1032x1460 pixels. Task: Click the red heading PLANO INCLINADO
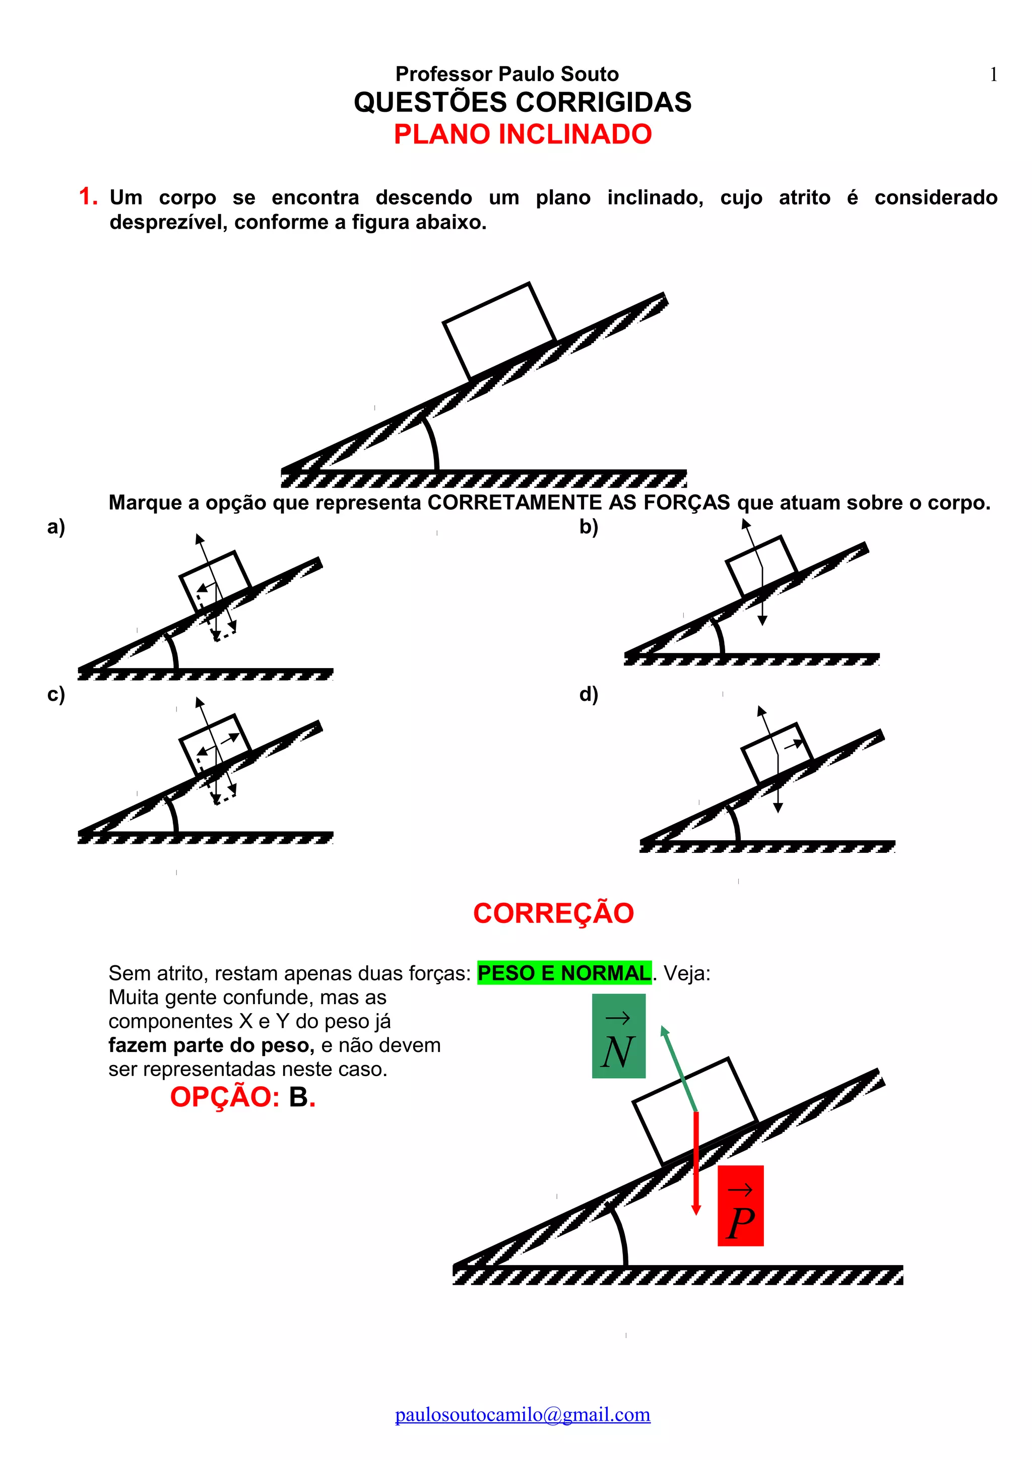(523, 134)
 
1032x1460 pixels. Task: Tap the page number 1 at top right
(993, 75)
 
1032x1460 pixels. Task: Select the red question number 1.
(87, 196)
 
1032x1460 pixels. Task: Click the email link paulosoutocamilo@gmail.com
(523, 1414)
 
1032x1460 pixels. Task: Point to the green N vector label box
(618, 1036)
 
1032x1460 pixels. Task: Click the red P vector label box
(740, 1205)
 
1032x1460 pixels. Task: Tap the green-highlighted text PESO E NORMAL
(564, 973)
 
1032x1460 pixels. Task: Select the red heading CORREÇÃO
(553, 913)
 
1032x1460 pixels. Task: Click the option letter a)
(56, 526)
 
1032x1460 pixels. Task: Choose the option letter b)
(588, 526)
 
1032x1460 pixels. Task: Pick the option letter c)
(56, 694)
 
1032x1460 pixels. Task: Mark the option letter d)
(588, 694)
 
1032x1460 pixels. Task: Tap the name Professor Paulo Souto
(507, 75)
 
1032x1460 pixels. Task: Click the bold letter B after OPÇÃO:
(298, 1097)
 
